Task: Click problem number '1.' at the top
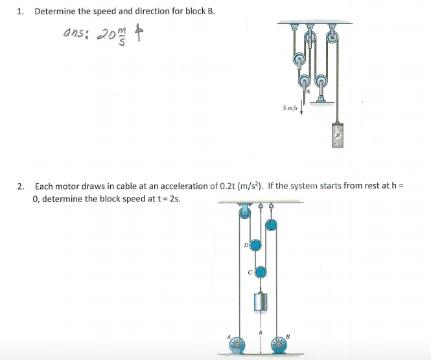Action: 21,12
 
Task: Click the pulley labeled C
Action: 261,273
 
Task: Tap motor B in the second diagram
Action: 279,344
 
